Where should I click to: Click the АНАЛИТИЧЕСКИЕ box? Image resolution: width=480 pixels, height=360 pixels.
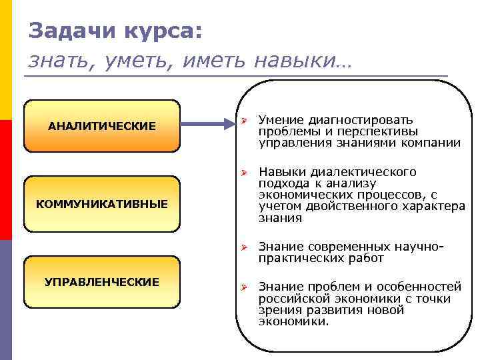coord(102,126)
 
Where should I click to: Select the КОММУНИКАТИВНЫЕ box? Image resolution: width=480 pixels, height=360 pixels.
coord(102,203)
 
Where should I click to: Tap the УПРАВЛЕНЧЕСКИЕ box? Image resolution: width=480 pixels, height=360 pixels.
coord(102,282)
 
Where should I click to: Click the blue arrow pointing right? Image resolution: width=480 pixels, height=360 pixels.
coord(206,123)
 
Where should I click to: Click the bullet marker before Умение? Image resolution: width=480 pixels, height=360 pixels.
coord(245,121)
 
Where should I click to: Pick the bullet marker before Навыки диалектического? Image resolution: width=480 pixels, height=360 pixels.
coord(245,173)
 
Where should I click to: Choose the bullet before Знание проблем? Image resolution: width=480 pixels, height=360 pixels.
coord(245,287)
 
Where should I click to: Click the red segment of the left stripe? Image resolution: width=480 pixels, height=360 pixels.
coord(5,180)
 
